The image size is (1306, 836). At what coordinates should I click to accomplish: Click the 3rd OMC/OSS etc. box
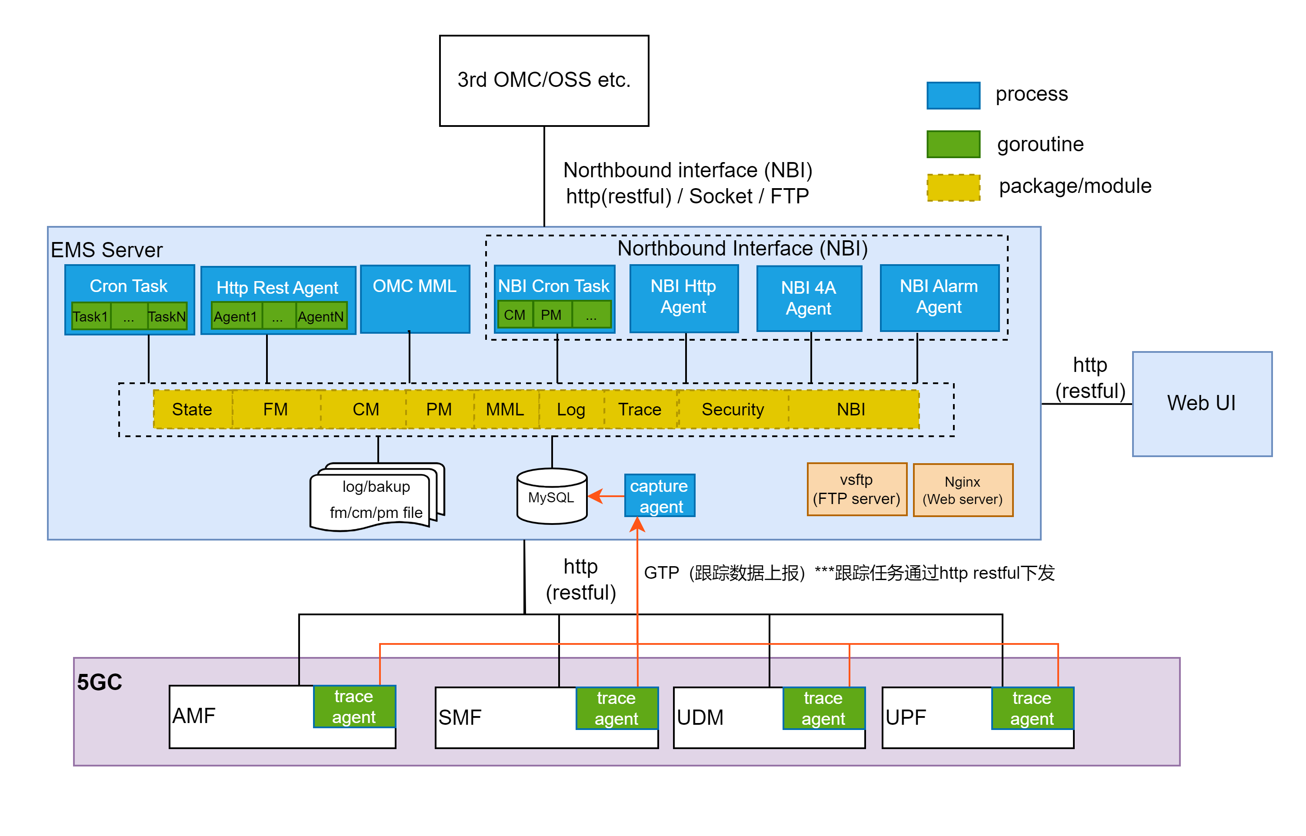[543, 80]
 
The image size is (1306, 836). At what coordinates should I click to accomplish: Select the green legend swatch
[953, 144]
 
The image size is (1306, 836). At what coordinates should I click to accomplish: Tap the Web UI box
[1202, 403]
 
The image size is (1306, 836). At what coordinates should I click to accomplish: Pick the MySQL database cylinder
[552, 496]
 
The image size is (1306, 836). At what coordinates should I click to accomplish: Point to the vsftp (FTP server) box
[856, 489]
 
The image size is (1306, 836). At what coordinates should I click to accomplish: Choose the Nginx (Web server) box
[963, 490]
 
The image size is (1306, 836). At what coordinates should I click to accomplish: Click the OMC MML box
[415, 299]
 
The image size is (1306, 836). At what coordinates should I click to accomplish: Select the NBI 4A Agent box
[809, 298]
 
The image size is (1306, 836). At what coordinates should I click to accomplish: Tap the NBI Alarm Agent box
[939, 298]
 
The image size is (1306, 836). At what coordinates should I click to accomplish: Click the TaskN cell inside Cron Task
[167, 316]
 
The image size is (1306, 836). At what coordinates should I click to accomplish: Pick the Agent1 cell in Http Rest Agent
[235, 316]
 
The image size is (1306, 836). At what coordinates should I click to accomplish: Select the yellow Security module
[733, 409]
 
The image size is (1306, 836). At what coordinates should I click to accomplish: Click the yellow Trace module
[640, 409]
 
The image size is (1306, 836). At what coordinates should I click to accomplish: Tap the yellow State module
[192, 409]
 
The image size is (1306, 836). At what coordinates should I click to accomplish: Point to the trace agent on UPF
[1032, 708]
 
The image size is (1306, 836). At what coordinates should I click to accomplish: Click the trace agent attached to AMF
[354, 706]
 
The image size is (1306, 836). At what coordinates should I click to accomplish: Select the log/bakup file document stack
[376, 498]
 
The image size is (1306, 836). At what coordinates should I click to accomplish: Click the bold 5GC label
[100, 682]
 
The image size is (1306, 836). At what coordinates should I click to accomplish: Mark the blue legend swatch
[953, 96]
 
